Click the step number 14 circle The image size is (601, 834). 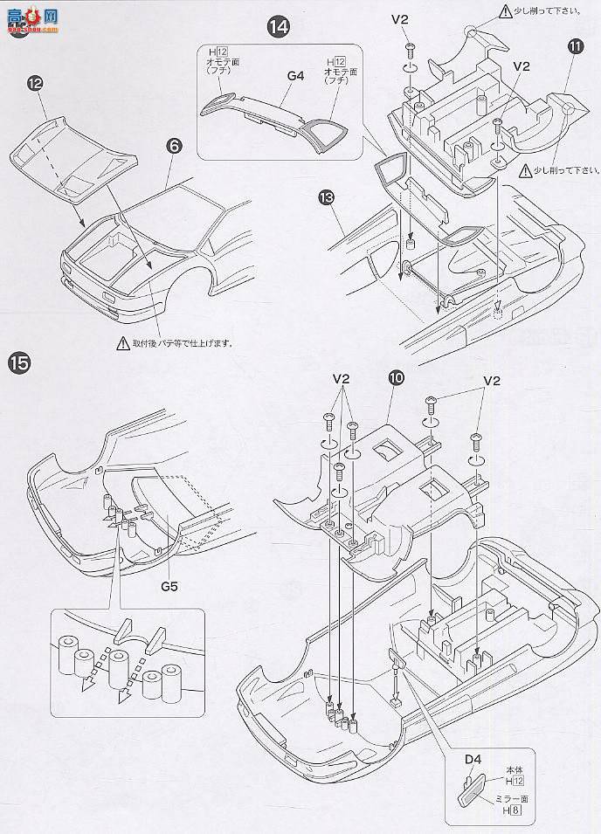point(278,28)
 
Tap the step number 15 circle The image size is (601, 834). point(20,360)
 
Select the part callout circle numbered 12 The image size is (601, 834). point(34,83)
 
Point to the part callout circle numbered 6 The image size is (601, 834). point(175,148)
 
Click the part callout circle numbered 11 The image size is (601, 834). point(574,69)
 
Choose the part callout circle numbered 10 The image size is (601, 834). point(397,378)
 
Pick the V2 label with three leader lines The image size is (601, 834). point(341,380)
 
